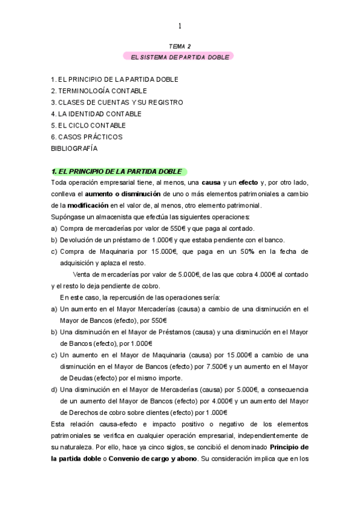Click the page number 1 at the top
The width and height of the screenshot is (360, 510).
pos(180,26)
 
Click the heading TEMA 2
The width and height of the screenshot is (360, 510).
pos(180,46)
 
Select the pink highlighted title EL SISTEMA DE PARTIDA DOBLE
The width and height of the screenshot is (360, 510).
pos(180,57)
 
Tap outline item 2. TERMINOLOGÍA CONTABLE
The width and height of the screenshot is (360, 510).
pos(99,91)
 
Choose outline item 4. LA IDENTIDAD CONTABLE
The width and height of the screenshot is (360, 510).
pos(96,114)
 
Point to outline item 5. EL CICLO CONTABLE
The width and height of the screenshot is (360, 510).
pos(88,125)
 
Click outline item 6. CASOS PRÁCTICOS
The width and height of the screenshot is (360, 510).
pos(87,137)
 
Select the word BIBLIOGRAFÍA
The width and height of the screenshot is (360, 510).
pos(74,148)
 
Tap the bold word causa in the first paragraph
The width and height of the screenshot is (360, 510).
pos(210,183)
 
